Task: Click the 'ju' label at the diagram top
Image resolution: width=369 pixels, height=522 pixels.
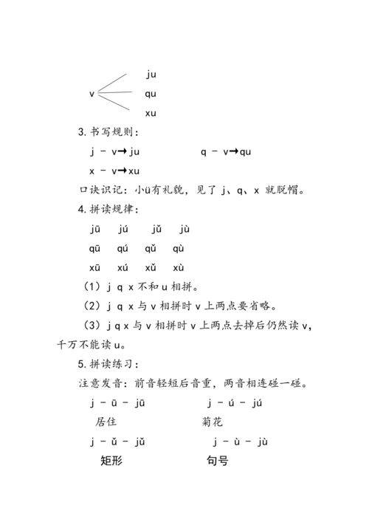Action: (151, 74)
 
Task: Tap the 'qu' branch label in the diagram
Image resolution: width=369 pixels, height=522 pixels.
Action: (151, 94)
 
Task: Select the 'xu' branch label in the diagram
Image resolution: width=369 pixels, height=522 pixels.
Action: (151, 113)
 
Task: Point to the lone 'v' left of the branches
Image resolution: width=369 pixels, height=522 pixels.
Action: (92, 94)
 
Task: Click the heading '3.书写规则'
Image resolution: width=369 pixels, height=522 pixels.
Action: (107, 132)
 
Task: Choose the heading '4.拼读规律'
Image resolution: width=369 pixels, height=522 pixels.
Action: (107, 209)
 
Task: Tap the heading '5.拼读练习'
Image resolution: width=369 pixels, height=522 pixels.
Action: (107, 364)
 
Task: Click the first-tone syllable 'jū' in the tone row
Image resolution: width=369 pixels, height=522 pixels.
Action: (95, 229)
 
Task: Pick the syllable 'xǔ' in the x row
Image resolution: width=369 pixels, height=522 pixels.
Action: (151, 267)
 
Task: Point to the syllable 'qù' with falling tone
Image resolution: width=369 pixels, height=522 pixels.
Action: (179, 248)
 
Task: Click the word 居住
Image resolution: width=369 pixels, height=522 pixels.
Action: (106, 422)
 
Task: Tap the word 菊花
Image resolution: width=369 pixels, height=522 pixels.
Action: (213, 422)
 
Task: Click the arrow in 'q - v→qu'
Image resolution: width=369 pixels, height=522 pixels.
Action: (234, 152)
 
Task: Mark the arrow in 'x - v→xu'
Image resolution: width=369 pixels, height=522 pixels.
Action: (123, 171)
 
